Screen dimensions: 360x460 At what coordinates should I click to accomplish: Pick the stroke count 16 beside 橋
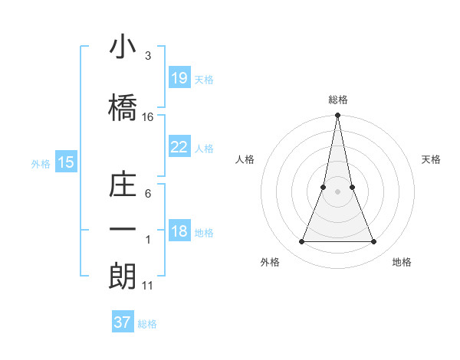point(148,117)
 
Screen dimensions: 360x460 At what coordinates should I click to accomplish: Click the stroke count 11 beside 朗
point(148,286)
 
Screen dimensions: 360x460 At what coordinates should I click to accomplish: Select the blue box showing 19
point(179,77)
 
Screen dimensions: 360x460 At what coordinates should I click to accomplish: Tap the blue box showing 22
point(179,147)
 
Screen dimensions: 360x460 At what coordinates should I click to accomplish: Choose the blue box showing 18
point(179,232)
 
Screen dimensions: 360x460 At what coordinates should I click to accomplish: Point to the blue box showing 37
point(123,322)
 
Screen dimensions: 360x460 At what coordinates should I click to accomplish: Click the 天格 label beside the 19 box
point(204,79)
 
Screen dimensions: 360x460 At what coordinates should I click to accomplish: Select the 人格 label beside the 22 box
point(204,149)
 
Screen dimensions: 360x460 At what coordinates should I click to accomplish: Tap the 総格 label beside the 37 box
point(147,324)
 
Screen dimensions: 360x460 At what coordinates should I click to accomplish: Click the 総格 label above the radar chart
point(338,100)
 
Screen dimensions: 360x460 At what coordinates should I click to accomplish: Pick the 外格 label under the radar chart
point(270,262)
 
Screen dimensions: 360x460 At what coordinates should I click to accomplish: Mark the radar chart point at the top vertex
point(338,116)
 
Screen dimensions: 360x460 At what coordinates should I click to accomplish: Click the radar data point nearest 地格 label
point(374,242)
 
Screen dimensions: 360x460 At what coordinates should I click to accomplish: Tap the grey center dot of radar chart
point(338,192)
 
